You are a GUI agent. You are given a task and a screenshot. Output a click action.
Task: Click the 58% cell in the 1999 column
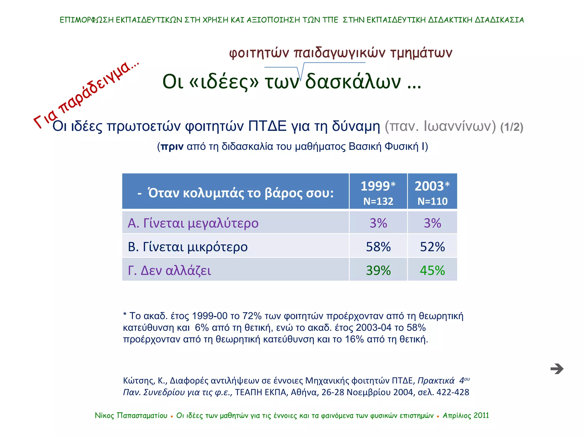coord(378,247)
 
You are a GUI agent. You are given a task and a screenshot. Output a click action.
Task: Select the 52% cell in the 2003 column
coord(432,247)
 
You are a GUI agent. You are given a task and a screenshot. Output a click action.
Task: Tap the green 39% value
coord(378,270)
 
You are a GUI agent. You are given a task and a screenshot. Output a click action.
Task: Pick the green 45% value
coord(432,270)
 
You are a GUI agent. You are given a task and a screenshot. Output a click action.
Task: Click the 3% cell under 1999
coord(378,223)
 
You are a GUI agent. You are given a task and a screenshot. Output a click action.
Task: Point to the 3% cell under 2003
coord(432,223)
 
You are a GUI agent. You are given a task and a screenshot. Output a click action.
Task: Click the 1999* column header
coord(378,186)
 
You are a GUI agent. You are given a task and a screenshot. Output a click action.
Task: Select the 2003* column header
coord(432,186)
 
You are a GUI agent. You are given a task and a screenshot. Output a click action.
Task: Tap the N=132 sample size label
coord(378,201)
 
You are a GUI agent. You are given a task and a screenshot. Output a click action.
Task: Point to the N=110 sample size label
coord(432,201)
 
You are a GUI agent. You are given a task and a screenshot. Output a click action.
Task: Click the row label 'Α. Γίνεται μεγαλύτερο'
coord(193,223)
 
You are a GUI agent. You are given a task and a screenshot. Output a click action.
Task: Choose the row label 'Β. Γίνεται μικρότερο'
coord(188,247)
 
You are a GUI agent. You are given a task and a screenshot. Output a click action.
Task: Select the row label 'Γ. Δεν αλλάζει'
coord(169,270)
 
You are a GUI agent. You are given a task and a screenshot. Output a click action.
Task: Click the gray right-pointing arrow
coord(557,369)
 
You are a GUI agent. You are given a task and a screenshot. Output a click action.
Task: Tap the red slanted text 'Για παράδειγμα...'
coord(86,94)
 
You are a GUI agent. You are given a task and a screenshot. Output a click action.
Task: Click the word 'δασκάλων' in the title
coord(353,82)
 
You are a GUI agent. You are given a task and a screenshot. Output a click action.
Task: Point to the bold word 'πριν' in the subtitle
coord(172,146)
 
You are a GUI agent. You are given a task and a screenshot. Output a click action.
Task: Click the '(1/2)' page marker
coord(512,127)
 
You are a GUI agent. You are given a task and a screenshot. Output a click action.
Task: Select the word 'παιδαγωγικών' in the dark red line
coord(339,53)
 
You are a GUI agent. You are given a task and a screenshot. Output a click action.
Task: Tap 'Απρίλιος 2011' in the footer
coord(466,415)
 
